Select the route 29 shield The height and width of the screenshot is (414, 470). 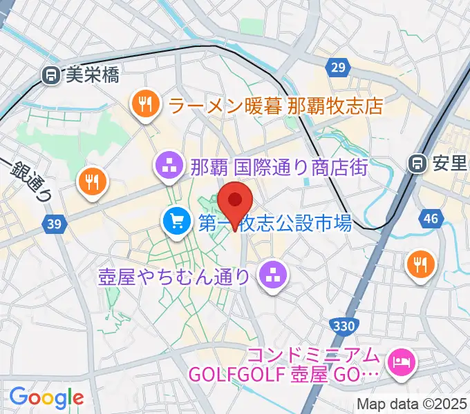click(x=337, y=66)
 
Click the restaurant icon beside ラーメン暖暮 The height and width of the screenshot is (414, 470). click(x=144, y=104)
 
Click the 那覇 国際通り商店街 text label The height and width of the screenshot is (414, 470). click(x=279, y=166)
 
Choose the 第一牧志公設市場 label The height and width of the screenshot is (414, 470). click(x=276, y=222)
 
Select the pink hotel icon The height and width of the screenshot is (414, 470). click(x=400, y=361)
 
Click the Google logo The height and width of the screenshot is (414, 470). click(x=46, y=397)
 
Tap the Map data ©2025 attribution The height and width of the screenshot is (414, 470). click(x=411, y=404)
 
